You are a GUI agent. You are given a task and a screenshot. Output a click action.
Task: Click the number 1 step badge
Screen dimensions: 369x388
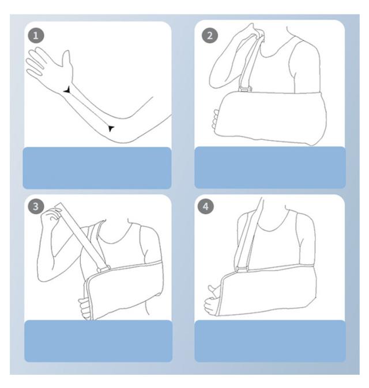[x=36, y=36]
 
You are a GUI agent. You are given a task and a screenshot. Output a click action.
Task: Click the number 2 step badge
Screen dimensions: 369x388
[x=210, y=35]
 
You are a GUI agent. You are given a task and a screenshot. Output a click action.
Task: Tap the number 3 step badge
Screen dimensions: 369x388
[x=36, y=206]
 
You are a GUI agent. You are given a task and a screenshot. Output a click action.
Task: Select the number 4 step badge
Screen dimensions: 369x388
[x=205, y=206]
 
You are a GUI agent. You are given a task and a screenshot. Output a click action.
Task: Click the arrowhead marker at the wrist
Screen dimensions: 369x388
[x=67, y=90]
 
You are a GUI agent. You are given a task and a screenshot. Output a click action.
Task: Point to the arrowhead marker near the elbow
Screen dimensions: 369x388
[x=111, y=128]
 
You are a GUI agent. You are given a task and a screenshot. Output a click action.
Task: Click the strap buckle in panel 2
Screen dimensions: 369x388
[x=245, y=89]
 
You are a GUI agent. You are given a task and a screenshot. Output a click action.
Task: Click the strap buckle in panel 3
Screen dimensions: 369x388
[x=104, y=269]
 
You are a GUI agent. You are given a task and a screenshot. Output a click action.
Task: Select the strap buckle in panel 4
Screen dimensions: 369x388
[x=242, y=269]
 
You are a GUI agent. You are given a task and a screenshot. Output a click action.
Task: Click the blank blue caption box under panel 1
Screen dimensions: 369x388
[x=97, y=168]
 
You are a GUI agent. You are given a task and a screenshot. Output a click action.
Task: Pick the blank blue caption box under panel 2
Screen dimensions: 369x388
[x=270, y=168]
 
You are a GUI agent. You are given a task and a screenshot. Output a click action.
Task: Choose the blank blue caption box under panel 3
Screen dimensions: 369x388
[x=98, y=341]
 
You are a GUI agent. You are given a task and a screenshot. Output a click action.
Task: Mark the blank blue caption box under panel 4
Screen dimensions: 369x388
[x=270, y=341]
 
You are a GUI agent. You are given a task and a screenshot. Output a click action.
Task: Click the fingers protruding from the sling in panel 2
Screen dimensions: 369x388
[x=216, y=119]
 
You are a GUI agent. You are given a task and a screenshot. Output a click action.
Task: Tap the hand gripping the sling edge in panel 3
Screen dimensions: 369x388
[x=85, y=308]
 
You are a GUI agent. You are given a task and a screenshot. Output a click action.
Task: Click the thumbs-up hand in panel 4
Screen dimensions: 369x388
[x=212, y=300]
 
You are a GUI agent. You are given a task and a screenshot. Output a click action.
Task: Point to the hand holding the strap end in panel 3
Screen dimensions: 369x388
[x=51, y=215]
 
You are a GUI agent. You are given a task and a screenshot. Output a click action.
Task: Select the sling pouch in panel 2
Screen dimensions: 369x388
[x=270, y=118]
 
